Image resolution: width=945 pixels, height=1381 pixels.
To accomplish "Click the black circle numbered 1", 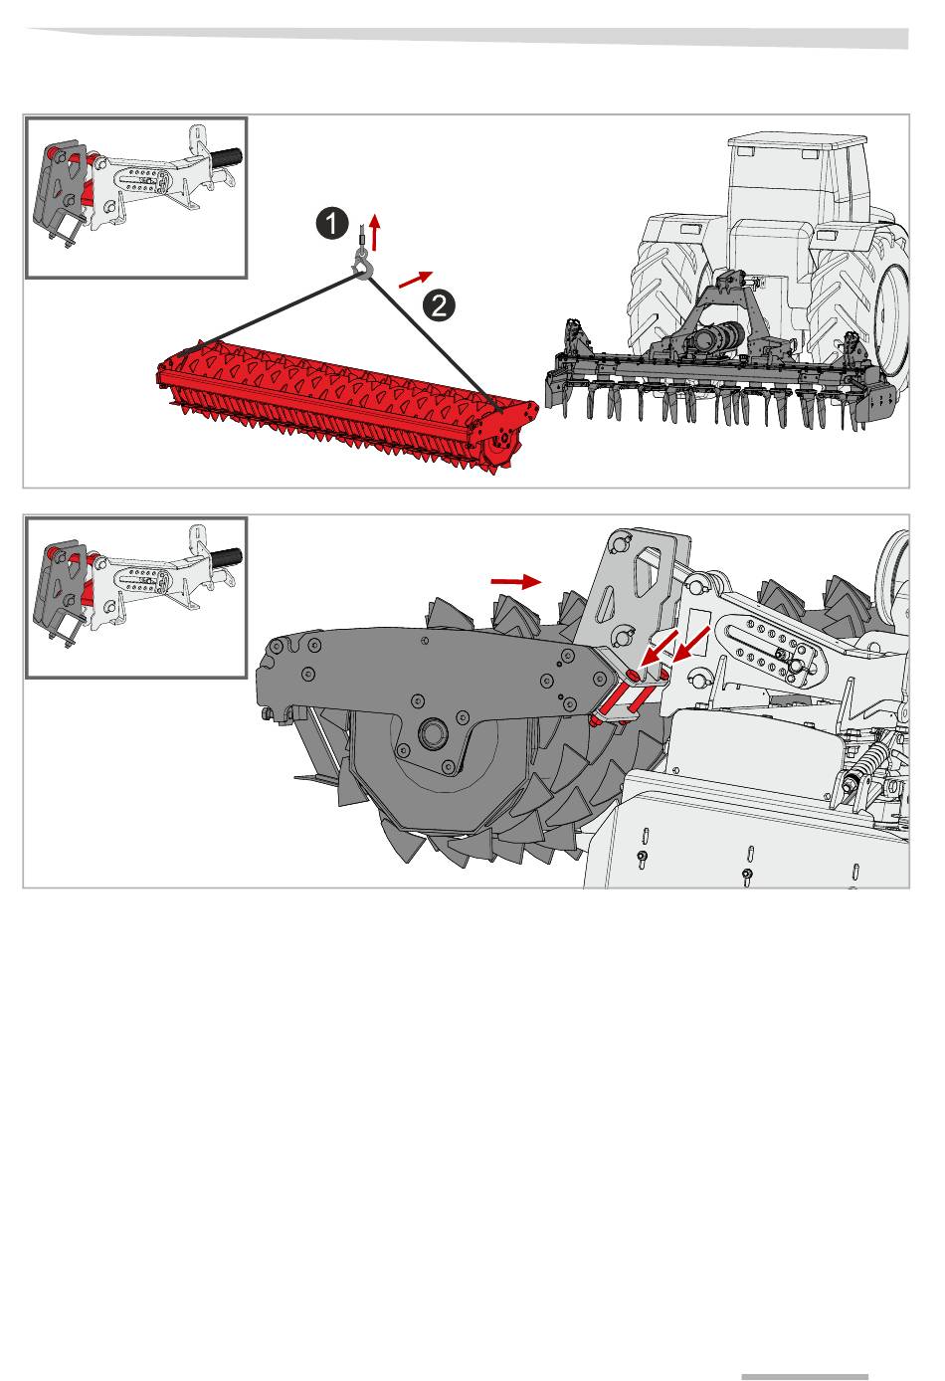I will pos(331,224).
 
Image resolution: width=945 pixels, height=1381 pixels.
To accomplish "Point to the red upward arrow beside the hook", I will pos(375,232).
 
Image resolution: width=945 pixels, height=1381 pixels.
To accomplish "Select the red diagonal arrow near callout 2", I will pos(416,280).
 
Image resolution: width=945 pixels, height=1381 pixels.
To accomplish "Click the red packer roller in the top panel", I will pos(338,398).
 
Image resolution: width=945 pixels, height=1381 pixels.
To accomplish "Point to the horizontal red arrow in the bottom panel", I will pos(515,580).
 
